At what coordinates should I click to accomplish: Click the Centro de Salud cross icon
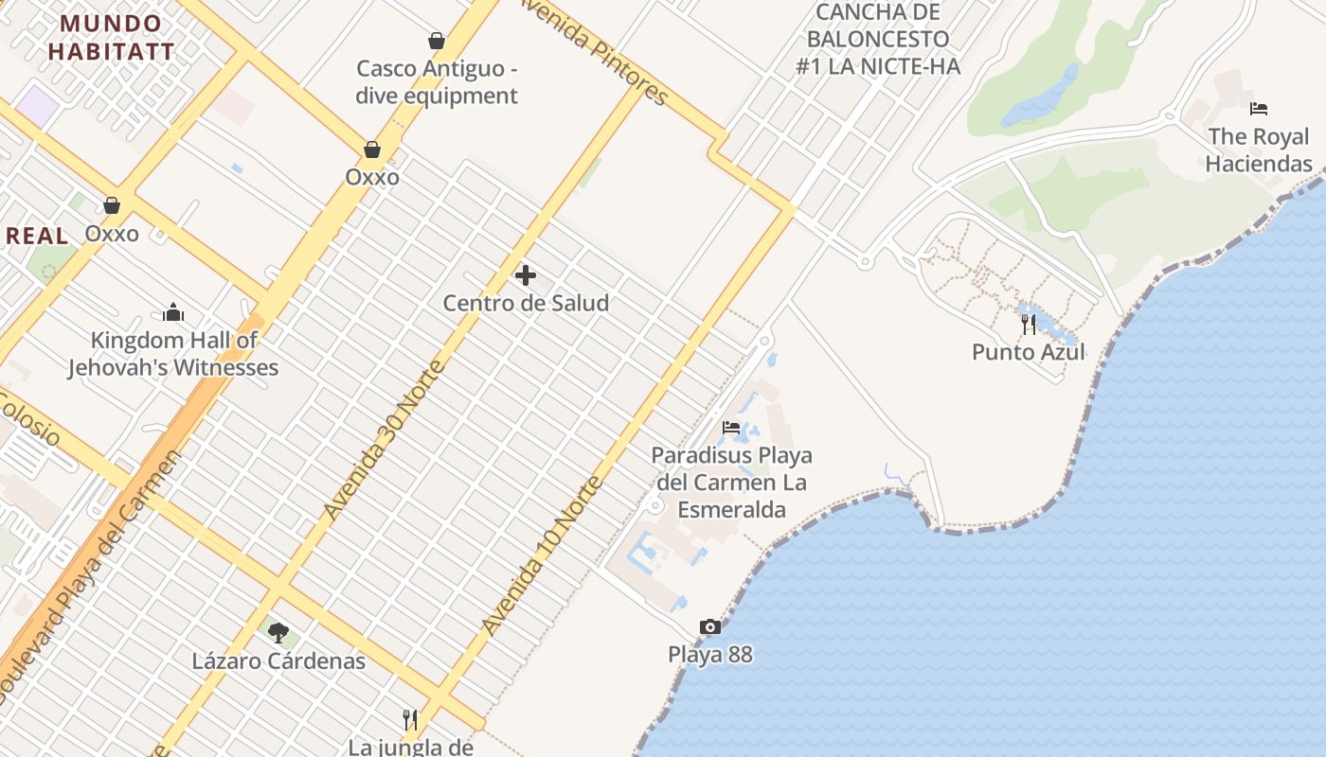tap(526, 275)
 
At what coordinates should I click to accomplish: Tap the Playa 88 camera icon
tap(709, 626)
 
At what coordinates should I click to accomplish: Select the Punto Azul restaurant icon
tap(1029, 325)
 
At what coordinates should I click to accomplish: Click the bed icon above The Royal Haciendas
tap(1259, 109)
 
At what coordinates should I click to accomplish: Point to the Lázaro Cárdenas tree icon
tap(278, 632)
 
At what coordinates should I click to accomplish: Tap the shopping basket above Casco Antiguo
tap(437, 41)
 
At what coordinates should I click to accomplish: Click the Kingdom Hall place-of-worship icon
tap(173, 312)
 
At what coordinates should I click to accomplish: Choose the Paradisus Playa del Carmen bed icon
tap(731, 428)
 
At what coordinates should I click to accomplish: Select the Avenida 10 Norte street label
tap(543, 555)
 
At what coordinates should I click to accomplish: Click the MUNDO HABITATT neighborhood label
tap(112, 37)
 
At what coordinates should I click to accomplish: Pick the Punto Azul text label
tap(1029, 352)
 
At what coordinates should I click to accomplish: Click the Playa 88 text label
tap(709, 654)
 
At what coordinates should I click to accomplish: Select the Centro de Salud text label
tap(526, 304)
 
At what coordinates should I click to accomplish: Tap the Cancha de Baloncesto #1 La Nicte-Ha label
tap(880, 39)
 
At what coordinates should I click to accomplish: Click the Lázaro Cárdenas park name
tap(278, 660)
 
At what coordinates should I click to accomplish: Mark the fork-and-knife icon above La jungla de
tap(410, 720)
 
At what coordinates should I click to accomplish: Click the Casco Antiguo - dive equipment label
tap(437, 82)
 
